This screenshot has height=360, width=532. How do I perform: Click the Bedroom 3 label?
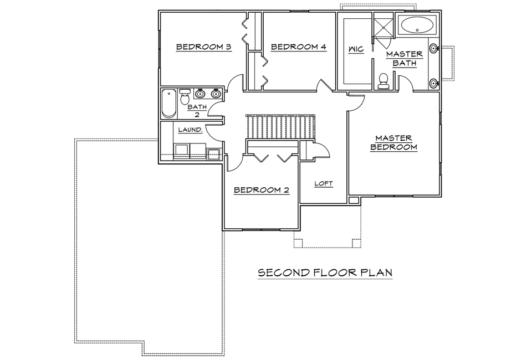click(203, 47)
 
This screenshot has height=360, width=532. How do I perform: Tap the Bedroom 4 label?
click(299, 47)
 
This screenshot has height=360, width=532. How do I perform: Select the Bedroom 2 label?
click(261, 190)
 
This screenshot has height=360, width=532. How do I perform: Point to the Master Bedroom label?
click(393, 142)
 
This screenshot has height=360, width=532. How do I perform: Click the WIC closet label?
click(356, 49)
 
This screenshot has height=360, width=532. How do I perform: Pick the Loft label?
click(323, 183)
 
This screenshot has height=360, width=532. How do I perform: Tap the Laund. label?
click(190, 130)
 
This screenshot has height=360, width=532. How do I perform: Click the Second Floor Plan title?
click(325, 272)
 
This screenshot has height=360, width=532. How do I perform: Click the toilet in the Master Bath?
click(383, 81)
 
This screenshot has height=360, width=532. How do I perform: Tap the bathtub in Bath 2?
click(168, 104)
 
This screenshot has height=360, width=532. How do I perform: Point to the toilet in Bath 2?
click(185, 96)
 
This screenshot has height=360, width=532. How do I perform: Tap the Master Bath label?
click(405, 58)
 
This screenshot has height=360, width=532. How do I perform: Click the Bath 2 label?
click(197, 111)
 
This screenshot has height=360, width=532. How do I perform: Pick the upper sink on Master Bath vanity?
click(433, 49)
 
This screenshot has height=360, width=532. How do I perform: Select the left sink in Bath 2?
click(200, 93)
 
